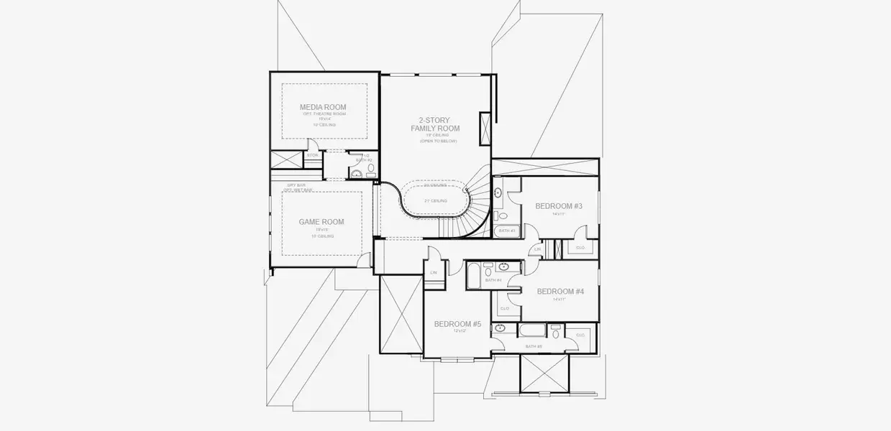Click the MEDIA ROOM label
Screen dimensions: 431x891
pos(323,107)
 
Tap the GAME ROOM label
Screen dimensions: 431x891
pos(321,222)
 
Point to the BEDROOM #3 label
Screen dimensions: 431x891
pos(558,206)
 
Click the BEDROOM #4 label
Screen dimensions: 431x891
pos(560,291)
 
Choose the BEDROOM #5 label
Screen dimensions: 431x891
pos(457,324)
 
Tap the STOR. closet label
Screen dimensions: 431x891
pos(312,155)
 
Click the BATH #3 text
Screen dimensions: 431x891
pos(507,231)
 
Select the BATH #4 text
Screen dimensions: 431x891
pos(493,280)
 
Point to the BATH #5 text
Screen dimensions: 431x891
pos(533,346)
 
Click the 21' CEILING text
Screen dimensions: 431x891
pos(435,200)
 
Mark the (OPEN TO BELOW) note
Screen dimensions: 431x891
pos(438,141)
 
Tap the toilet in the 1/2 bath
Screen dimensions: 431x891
pos(371,170)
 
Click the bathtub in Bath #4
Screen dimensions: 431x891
pos(475,276)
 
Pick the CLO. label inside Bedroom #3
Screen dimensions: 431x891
pos(580,248)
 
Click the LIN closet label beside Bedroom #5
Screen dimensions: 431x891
pos(434,273)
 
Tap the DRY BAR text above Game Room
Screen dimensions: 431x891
pos(297,185)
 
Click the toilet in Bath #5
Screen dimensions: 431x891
pos(556,333)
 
